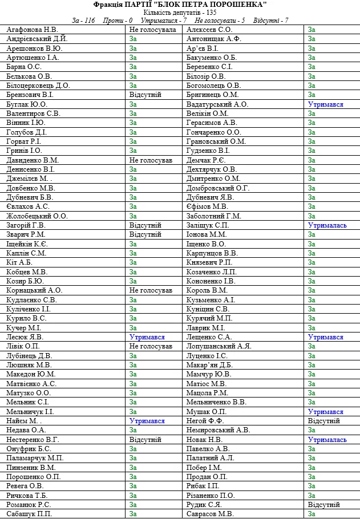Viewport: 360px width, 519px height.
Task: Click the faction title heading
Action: (x=180, y=5)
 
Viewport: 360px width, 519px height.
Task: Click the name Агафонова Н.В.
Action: (x=32, y=29)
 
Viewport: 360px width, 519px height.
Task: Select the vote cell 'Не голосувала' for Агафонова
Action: (x=153, y=29)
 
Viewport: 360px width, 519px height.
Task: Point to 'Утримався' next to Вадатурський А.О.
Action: (x=326, y=104)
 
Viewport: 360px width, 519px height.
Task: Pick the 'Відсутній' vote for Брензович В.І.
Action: (x=145, y=95)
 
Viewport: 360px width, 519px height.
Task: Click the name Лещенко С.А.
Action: (x=209, y=337)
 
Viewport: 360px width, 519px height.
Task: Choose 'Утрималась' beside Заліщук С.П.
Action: (x=327, y=225)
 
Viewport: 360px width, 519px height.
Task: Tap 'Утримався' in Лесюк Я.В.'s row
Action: (x=147, y=337)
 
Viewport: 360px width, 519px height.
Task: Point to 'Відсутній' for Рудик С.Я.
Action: (x=324, y=505)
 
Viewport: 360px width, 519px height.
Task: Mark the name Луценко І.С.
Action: (x=207, y=356)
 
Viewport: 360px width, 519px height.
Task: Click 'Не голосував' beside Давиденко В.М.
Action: (x=151, y=160)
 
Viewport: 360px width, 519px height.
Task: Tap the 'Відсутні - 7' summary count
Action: (x=271, y=20)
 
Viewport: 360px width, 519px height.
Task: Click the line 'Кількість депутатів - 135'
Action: (x=180, y=12)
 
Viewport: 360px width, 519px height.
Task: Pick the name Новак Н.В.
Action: (x=204, y=440)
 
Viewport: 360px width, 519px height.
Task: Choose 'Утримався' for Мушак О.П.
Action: (x=326, y=412)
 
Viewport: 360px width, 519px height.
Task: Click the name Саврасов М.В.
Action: (x=210, y=514)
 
